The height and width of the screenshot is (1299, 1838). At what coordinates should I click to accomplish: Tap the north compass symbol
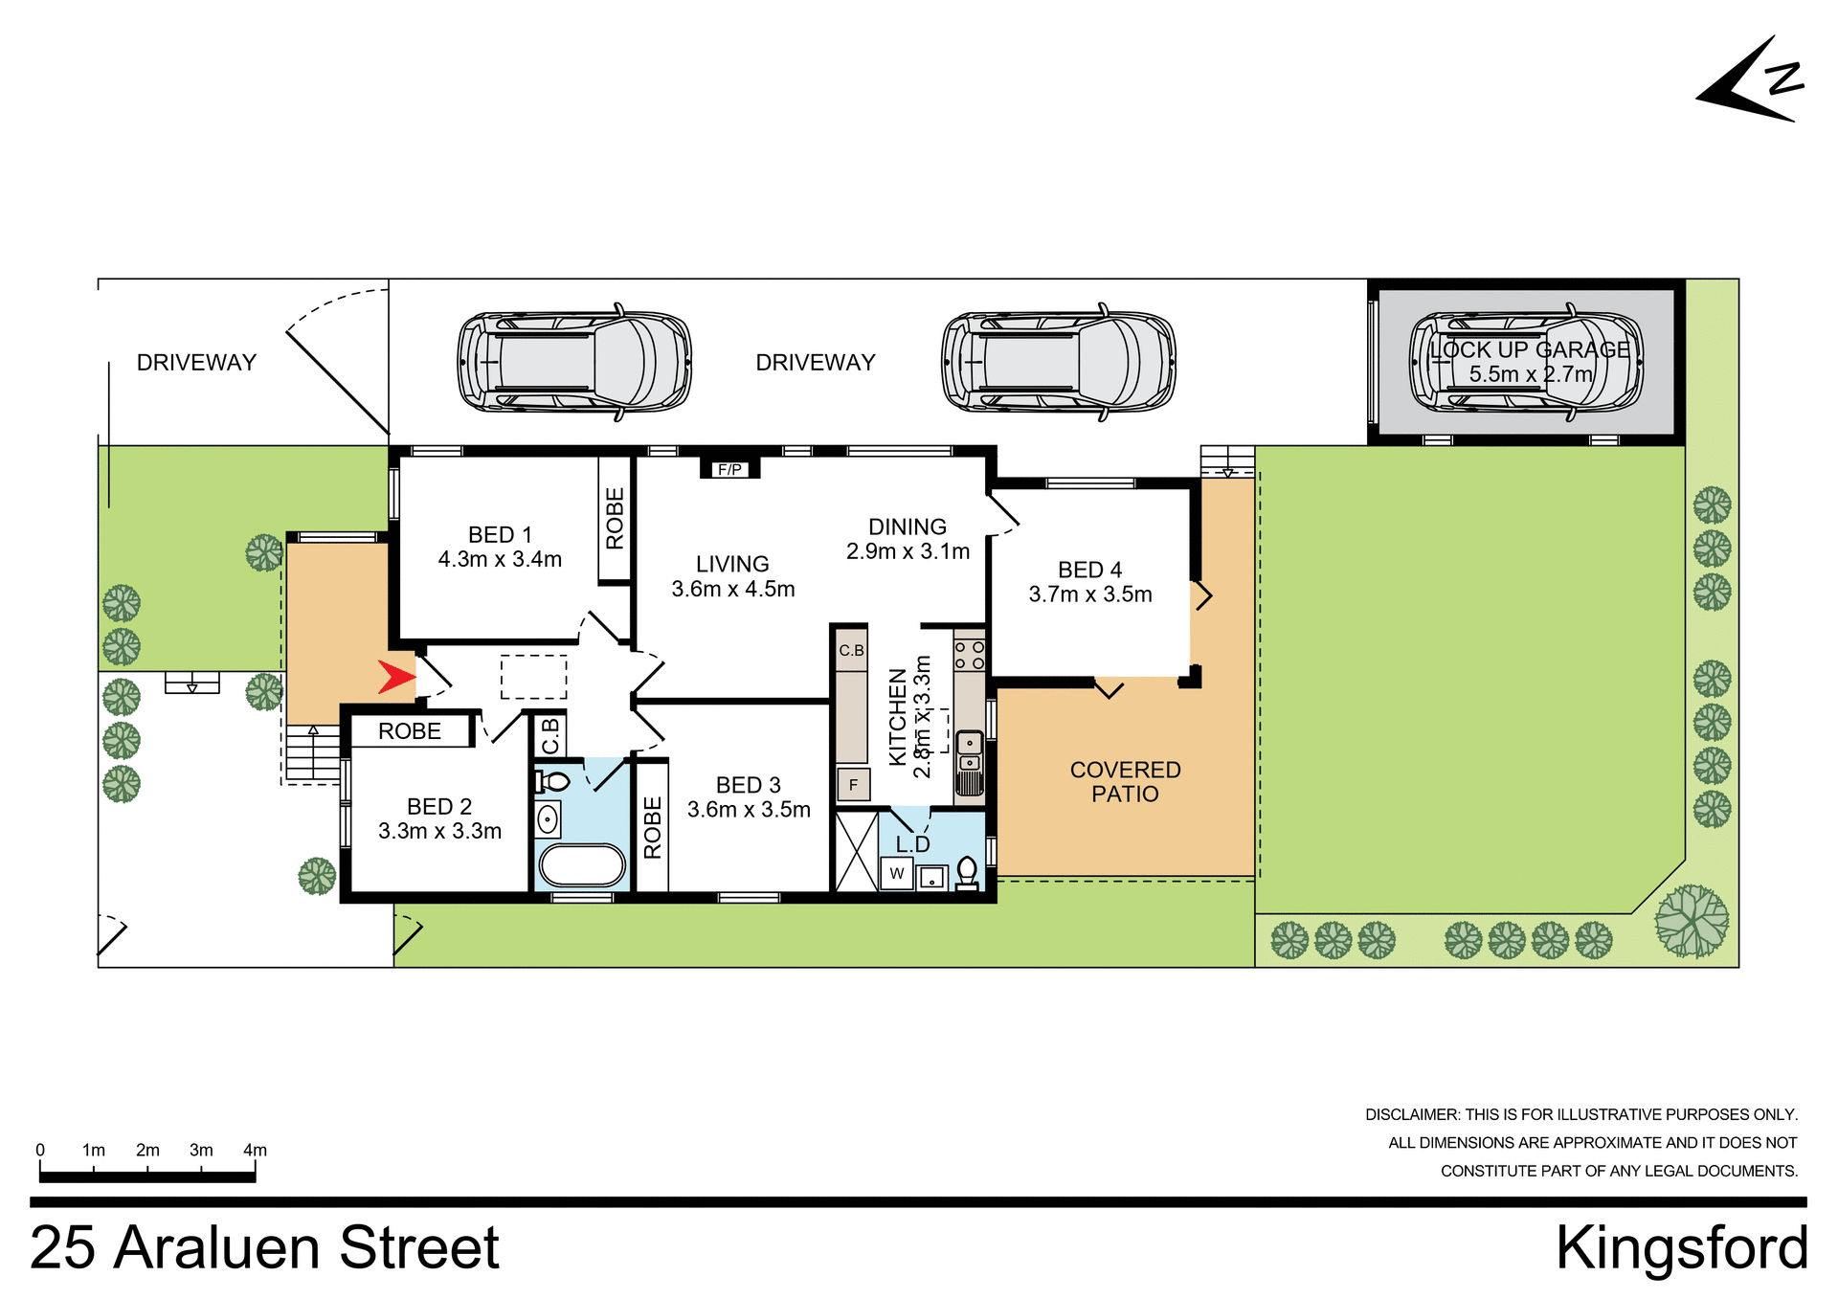tap(1751, 81)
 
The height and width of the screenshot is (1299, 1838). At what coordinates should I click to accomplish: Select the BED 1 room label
tap(500, 535)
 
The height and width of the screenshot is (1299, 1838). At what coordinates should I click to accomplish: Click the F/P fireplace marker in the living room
tap(729, 469)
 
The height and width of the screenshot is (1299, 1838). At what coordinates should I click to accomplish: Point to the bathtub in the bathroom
tap(582, 865)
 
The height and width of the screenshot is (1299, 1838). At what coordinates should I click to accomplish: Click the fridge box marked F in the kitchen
tap(853, 785)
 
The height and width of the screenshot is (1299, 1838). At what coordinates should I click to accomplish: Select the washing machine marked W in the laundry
tap(897, 873)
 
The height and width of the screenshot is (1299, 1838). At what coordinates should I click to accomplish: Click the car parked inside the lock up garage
tap(1526, 364)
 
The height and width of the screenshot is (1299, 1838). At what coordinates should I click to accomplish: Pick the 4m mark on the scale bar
tap(255, 1151)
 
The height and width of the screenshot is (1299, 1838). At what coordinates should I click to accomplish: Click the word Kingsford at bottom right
tap(1681, 1249)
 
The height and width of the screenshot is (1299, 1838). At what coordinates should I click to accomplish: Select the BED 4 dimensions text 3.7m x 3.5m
tap(1090, 594)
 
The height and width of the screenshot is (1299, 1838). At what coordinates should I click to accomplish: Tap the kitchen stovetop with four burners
tap(970, 655)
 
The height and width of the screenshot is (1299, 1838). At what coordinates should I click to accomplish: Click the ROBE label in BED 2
tap(410, 731)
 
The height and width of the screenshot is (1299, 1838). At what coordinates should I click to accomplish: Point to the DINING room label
tap(908, 527)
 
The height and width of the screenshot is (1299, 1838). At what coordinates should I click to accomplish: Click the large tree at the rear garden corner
tap(1692, 921)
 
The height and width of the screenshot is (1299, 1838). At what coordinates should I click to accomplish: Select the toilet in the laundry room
tap(967, 873)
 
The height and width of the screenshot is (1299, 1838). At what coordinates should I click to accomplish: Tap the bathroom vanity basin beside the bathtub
tap(548, 819)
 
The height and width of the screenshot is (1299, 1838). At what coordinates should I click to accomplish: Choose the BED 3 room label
tap(749, 785)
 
